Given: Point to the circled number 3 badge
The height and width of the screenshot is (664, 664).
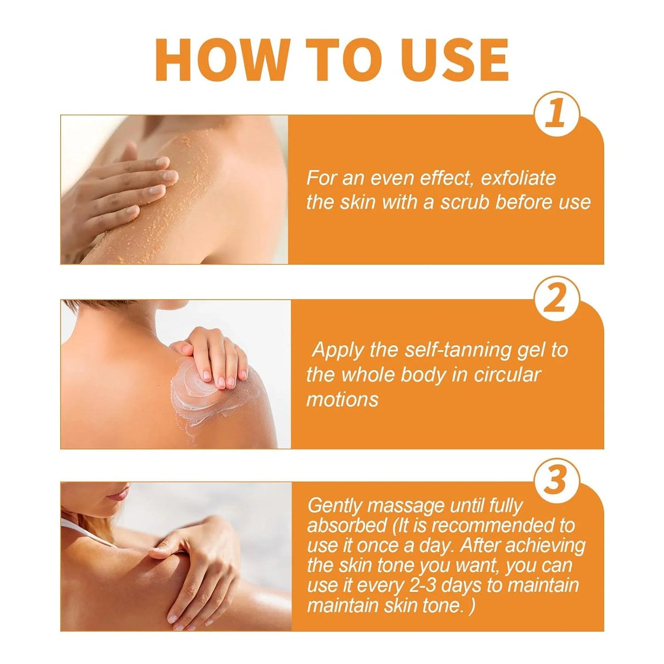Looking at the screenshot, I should point(556,480).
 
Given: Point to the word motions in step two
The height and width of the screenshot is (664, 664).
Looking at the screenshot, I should point(342,399).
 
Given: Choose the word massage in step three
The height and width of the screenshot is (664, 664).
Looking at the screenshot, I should point(406,505).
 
